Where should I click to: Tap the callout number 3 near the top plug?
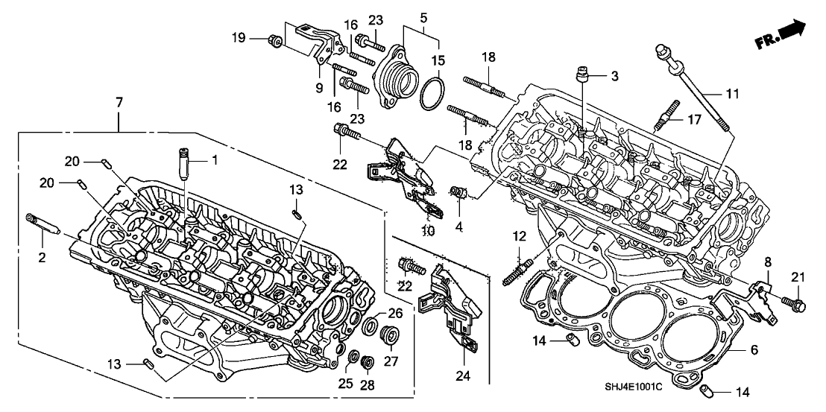(x=614, y=76)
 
